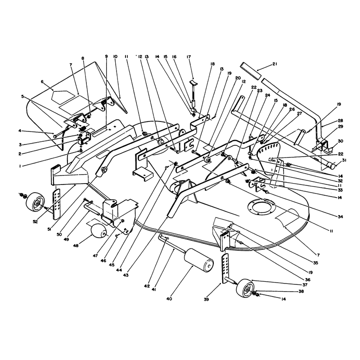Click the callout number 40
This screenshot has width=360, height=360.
click(x=169, y=299)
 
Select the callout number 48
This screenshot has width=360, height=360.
click(x=76, y=246)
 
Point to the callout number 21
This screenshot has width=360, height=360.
click(x=275, y=64)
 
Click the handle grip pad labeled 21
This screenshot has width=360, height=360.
click(x=251, y=71)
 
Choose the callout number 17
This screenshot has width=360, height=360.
click(x=189, y=57)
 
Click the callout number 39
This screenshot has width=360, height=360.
click(x=207, y=299)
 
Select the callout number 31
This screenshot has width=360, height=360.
click(x=344, y=160)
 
